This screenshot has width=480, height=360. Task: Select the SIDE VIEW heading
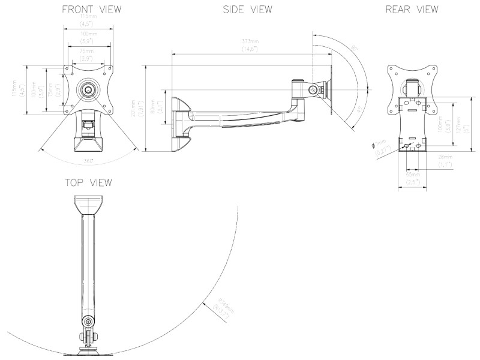(247, 10)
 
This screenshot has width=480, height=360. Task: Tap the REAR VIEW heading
(412, 10)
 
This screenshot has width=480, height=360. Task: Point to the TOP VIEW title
(88, 182)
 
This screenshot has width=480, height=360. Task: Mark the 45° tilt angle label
(357, 110)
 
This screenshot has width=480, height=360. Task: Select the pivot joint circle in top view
(89, 321)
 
